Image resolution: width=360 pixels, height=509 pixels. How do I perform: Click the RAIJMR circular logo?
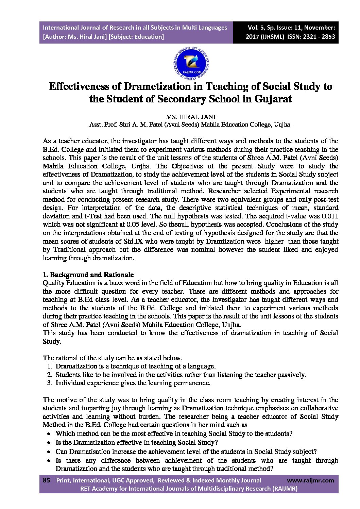pyautogui.click(x=191, y=64)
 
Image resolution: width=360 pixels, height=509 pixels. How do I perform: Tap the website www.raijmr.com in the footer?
pyautogui.click(x=310, y=480)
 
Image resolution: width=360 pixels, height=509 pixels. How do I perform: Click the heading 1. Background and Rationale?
pyautogui.click(x=88, y=275)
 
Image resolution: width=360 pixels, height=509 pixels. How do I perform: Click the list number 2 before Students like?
pyautogui.click(x=50, y=375)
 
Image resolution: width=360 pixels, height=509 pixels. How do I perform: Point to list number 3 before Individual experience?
pyautogui.click(x=50, y=383)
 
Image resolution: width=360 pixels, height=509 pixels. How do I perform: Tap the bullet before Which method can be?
pyautogui.click(x=49, y=434)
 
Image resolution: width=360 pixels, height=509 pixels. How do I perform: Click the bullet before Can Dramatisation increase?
pyautogui.click(x=49, y=452)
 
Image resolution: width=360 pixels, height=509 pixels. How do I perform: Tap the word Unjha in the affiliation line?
pyautogui.click(x=282, y=125)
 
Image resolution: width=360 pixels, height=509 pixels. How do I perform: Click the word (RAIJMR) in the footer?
pyautogui.click(x=285, y=489)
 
